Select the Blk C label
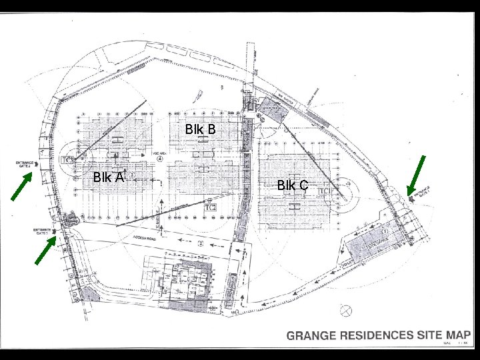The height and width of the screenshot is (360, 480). point(293,185)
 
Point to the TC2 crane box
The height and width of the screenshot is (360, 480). point(211,208)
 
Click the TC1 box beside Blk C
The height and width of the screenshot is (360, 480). point(325,191)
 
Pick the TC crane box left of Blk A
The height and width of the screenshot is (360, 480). point(67,160)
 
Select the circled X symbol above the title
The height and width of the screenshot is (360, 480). point(346,310)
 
